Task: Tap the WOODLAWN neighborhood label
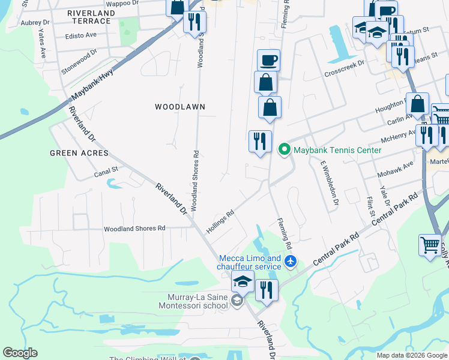click(180, 107)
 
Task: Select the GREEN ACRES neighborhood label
click(79, 153)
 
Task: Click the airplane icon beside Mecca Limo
click(291, 262)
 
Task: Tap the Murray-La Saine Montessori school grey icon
click(237, 301)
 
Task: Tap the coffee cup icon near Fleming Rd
click(268, 61)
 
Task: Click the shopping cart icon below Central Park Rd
click(430, 245)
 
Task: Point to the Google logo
click(20, 353)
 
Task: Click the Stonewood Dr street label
click(79, 62)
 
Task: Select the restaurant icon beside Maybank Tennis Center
click(260, 142)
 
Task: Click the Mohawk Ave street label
click(396, 169)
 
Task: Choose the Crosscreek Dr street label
click(344, 67)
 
